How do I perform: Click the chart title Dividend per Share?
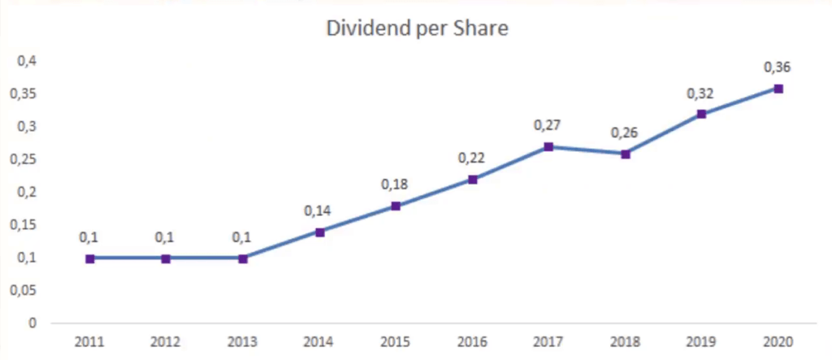417,29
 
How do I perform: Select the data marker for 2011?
89,258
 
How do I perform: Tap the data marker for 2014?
319,232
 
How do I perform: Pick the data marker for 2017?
549,147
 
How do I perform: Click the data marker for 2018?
626,154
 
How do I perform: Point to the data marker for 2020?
778,89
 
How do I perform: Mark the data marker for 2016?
473,180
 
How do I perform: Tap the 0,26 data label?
626,132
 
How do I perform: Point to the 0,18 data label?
396,184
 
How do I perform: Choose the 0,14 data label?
319,211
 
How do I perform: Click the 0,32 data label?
701,93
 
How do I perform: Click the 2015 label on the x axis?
396,340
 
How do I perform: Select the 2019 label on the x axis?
701,340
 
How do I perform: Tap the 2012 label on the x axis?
166,340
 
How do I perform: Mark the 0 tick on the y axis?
32,323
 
